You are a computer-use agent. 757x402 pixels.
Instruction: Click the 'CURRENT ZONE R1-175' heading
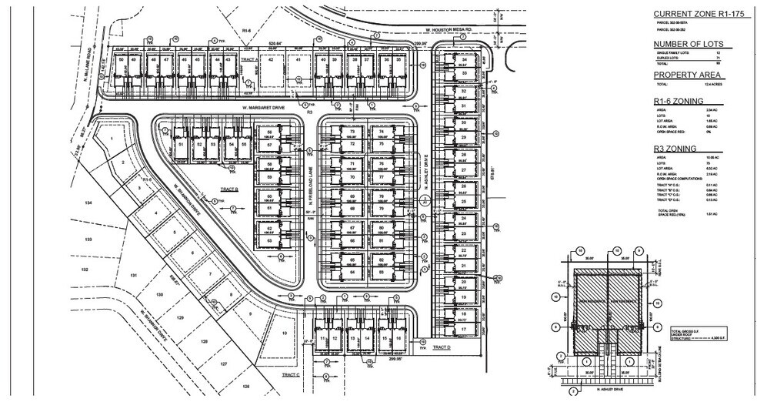[x=690, y=14]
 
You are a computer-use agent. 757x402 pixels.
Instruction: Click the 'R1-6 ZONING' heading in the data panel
[x=679, y=101]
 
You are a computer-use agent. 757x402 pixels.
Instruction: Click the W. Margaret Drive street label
[x=263, y=108]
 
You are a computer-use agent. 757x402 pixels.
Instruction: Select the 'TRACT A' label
[x=246, y=59]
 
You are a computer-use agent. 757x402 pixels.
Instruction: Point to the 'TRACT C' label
[x=290, y=374]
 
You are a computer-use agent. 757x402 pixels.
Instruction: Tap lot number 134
[x=88, y=203]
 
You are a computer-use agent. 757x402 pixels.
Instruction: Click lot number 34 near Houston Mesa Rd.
[x=464, y=60]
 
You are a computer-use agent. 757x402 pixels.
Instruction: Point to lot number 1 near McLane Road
[x=112, y=139]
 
